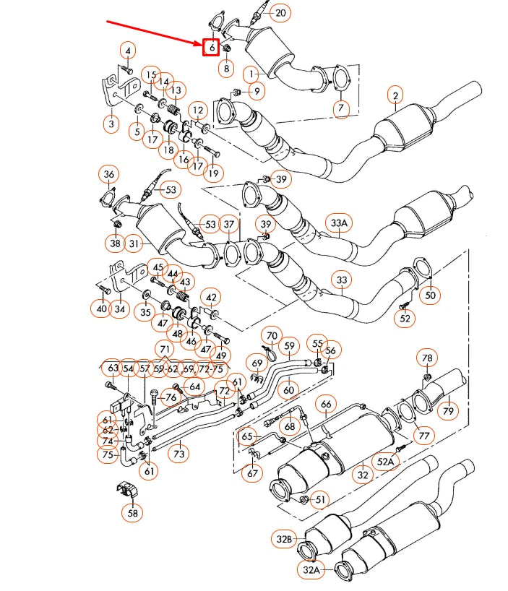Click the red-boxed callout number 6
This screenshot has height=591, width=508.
(x=211, y=48)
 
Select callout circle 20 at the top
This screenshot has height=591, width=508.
(x=280, y=13)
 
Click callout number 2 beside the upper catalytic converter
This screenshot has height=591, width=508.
(x=395, y=95)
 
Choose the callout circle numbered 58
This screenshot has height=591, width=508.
(x=132, y=513)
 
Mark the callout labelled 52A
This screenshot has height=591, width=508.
(x=385, y=461)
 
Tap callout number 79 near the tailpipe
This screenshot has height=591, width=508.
(x=449, y=411)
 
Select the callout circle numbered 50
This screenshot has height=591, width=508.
(x=431, y=295)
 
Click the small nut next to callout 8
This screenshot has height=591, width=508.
(x=225, y=49)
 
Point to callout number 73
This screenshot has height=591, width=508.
(x=178, y=454)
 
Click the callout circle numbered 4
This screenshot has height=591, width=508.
(x=128, y=51)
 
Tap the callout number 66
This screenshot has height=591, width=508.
(x=326, y=404)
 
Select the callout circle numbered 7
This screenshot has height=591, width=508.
(x=341, y=108)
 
